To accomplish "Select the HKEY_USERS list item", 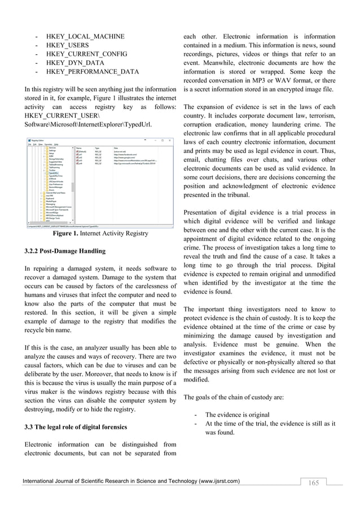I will click(67, 45).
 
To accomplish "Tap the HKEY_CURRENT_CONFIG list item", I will click(87, 54).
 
